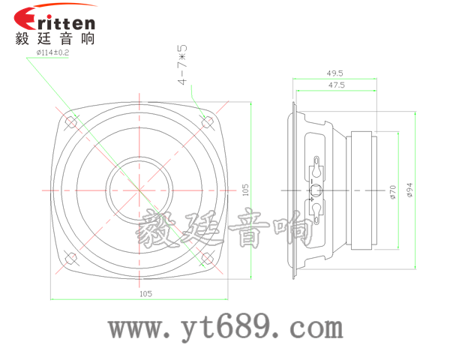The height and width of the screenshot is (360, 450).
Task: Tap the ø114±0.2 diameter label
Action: coord(52,52)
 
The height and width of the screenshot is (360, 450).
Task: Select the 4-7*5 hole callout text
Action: coord(182,65)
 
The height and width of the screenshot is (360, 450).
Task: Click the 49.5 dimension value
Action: coord(334,73)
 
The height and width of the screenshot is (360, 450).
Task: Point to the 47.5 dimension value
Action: coord(335,86)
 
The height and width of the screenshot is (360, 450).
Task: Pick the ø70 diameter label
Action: coord(392,192)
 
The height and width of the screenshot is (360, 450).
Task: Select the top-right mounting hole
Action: coord(208,121)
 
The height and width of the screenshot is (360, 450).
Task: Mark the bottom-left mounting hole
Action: coord(72,258)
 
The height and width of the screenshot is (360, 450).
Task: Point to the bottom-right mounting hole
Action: coord(208,259)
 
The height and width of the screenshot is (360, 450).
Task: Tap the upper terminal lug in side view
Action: coord(317,167)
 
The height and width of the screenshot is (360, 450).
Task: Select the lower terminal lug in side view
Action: coord(317,211)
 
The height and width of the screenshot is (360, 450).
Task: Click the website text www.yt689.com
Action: coord(225,328)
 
